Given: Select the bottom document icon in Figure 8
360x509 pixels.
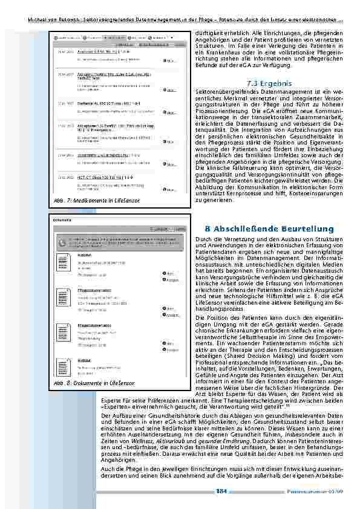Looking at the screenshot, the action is coord(64,368).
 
